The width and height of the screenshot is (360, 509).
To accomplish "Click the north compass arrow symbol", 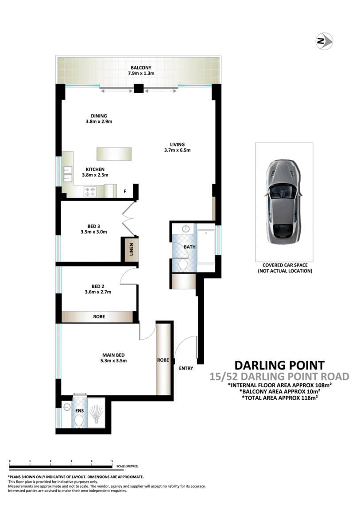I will tap(324, 42).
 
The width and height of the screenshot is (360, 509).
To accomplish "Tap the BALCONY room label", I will tap(138, 67).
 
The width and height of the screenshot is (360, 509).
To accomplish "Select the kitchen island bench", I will tap(114, 154).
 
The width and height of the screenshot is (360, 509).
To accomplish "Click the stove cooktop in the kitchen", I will tap(90, 192).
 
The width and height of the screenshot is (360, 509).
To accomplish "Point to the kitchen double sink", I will tap(67, 174).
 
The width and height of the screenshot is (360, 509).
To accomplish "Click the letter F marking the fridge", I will tap(125, 192).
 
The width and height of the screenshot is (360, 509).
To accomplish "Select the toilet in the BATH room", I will tap(183, 265).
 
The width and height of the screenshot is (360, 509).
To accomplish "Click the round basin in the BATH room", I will tap(186, 229).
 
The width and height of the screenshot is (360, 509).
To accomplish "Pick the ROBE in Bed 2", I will tap(98, 317).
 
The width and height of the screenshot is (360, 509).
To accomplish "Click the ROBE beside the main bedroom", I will tap(163, 359).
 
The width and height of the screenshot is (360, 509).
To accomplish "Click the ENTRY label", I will tap(186, 368).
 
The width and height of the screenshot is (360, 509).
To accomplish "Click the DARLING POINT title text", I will tap(279, 366).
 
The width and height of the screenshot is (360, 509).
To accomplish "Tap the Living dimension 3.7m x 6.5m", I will tap(177, 150).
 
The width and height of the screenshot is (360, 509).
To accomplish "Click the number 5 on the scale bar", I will tap(112, 461).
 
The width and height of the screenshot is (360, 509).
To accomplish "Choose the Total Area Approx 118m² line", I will tap(281, 398).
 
